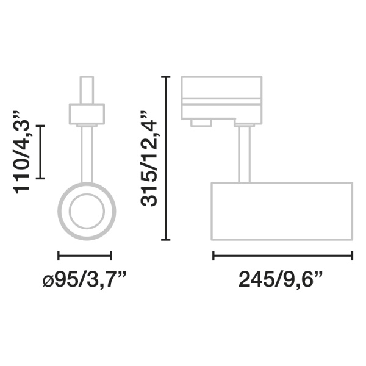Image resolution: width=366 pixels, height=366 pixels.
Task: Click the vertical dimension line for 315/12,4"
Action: [x=165, y=158]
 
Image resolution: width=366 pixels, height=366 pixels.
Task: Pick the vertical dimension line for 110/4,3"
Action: [x=41, y=152]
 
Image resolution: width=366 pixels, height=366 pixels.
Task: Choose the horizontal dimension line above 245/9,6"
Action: [x=282, y=256]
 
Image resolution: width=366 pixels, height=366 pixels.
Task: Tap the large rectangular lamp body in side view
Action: [x=282, y=210]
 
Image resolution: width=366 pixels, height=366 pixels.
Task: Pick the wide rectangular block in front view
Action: [x=87, y=113]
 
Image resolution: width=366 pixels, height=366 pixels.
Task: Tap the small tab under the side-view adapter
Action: [x=200, y=123]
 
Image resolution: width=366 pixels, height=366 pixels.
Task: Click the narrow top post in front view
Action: [x=87, y=90]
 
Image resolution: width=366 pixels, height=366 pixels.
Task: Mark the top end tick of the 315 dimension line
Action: [x=165, y=76]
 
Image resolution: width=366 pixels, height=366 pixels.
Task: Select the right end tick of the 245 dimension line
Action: [x=352, y=256]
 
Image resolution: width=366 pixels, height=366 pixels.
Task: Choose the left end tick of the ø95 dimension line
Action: [x=58, y=256]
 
